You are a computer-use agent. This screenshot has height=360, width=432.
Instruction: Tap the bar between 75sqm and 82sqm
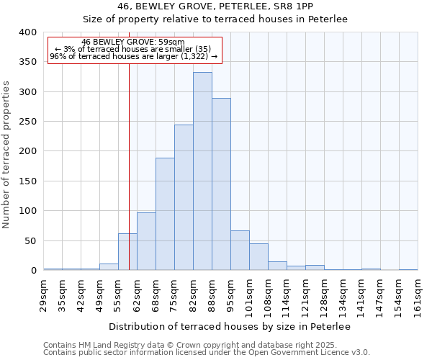pyautogui.click(x=184, y=197)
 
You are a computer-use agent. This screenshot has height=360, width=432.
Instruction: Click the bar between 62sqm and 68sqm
pyautogui.click(x=146, y=241)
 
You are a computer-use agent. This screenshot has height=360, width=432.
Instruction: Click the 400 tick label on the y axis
pyautogui.click(x=28, y=32)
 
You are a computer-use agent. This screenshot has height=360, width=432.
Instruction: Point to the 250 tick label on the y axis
pyautogui.click(x=28, y=122)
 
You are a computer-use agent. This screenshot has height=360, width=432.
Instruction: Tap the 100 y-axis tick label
pyautogui.click(x=28, y=211)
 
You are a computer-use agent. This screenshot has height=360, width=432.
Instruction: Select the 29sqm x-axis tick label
pyautogui.click(x=44, y=293)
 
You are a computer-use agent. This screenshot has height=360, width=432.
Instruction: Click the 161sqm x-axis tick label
pyautogui.click(x=418, y=295)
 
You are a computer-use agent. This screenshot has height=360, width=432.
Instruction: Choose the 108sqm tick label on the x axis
pyautogui.click(x=269, y=295)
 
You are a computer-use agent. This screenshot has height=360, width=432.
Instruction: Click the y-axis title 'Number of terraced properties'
pyautogui.click(x=7, y=155)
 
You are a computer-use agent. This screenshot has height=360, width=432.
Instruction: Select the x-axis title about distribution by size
pyautogui.click(x=230, y=327)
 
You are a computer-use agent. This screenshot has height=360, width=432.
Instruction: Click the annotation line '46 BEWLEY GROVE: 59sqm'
pyautogui.click(x=133, y=42)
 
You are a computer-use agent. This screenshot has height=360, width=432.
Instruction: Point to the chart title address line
pyautogui.click(x=215, y=6)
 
